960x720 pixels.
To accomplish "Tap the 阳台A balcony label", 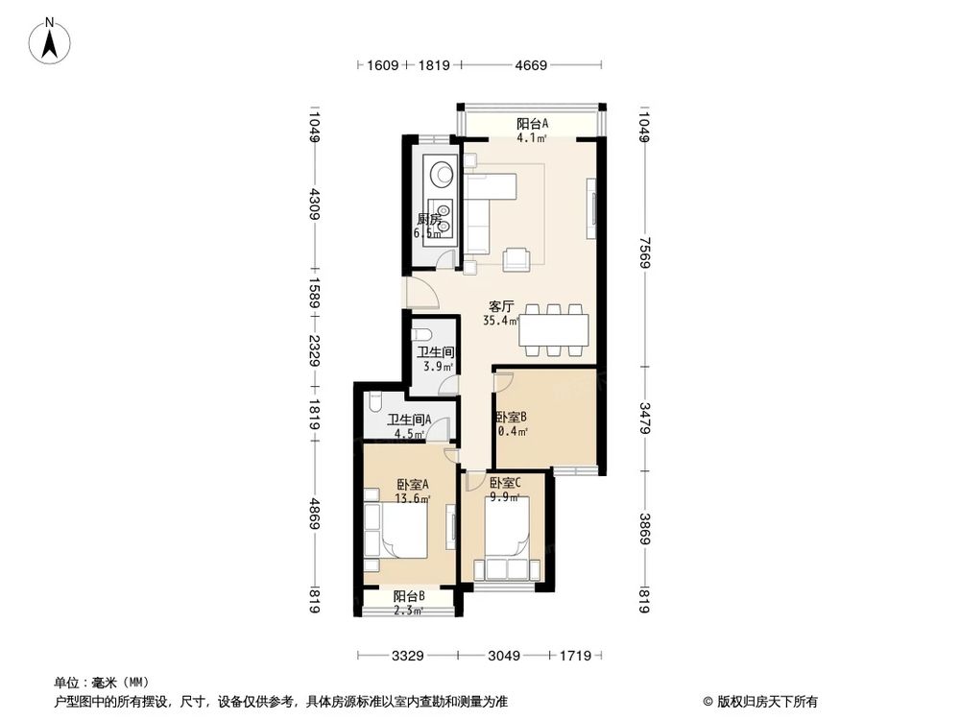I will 532,124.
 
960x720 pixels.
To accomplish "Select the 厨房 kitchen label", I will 428,220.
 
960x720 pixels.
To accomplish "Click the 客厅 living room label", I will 502,307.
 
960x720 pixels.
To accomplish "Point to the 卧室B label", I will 511,418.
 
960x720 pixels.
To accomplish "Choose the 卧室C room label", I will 505,484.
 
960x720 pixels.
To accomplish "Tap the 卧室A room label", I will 412,485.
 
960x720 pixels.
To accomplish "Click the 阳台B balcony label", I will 409,597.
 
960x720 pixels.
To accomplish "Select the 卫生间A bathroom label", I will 409,420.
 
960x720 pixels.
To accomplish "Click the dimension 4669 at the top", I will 530,66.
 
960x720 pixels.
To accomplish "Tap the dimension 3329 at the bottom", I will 408,657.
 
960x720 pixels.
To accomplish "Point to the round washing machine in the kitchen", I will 444,174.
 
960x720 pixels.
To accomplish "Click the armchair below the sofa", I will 517,257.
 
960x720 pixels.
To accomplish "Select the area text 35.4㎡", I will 501,322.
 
